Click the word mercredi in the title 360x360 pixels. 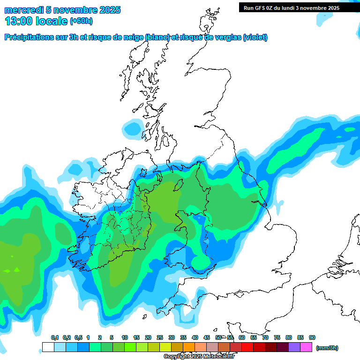pyautogui.click(x=24, y=10)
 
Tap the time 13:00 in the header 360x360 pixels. pyautogui.click(x=19, y=21)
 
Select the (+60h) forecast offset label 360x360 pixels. pyautogui.click(x=81, y=21)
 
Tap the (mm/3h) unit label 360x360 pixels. pyautogui.click(x=327, y=348)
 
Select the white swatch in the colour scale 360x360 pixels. pyautogui.click(x=48, y=347)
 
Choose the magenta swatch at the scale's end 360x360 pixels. pyautogui.click(x=306, y=347)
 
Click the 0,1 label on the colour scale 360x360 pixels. pyautogui.click(x=54, y=338)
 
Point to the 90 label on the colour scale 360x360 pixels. pyautogui.click(x=312, y=338)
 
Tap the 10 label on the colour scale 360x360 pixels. pyautogui.click(x=125, y=338)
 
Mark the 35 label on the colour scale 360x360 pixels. pyautogui.click(x=183, y=338)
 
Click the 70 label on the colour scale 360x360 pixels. pyautogui.click(x=265, y=338)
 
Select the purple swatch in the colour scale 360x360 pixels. pyautogui.click(x=294, y=347)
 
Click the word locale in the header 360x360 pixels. pyautogui.click(x=51, y=21)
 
